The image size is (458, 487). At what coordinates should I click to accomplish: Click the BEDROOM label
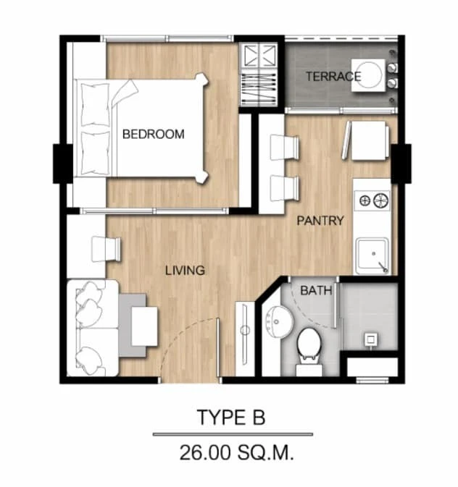point(154,134)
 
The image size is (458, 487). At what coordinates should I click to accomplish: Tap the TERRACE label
point(333,77)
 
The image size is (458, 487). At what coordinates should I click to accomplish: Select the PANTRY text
point(320,221)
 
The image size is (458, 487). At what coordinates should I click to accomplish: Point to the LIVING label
point(185,270)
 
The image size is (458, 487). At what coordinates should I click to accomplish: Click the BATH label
point(316,291)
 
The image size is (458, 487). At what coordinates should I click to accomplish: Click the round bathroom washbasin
point(280,322)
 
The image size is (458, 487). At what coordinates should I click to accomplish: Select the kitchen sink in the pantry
point(372,256)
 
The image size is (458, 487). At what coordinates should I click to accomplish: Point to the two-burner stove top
point(372,200)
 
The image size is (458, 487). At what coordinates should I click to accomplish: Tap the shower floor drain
point(370,339)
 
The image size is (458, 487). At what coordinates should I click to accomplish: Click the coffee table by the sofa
point(144,326)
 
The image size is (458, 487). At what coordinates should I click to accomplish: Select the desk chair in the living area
point(106,249)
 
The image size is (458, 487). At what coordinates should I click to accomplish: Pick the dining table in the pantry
point(369,140)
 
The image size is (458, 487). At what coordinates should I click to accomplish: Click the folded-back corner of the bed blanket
point(125,92)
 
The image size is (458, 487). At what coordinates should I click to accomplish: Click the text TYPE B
point(231,417)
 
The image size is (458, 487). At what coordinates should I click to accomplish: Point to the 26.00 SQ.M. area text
point(236,452)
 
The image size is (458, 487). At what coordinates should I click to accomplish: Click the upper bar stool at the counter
point(284,147)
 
